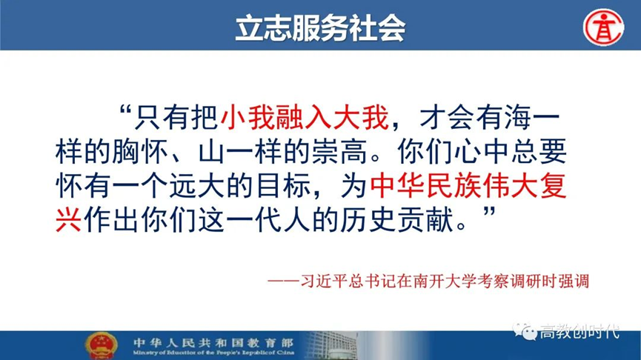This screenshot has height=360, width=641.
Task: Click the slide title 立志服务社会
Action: click(x=320, y=28)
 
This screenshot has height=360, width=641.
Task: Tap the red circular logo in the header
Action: click(x=603, y=28)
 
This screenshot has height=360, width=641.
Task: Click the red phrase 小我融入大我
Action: click(x=305, y=117)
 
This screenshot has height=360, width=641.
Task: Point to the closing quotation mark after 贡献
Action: click(x=489, y=213)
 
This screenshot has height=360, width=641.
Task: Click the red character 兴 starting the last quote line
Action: click(x=69, y=220)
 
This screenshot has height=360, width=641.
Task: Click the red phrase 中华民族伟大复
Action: click(x=468, y=186)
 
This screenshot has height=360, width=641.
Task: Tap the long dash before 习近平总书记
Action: click(x=284, y=281)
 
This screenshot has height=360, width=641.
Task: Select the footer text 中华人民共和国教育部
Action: click(x=213, y=342)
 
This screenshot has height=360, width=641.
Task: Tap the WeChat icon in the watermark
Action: click(x=525, y=331)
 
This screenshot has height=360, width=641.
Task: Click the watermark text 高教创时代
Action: click(x=579, y=331)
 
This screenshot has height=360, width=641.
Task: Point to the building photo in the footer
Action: click(x=331, y=346)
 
